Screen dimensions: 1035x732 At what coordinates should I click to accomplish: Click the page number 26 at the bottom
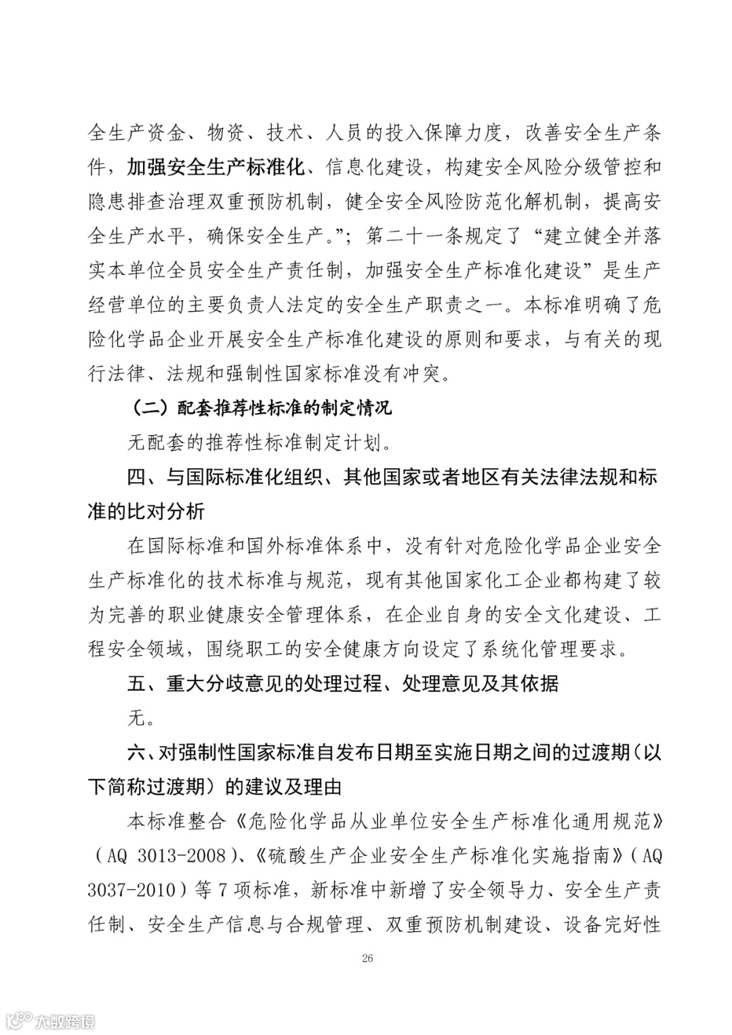tap(367, 958)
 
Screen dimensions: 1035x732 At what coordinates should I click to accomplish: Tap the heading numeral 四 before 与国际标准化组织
tap(137, 477)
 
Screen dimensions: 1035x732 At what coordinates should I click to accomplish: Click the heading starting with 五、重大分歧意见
tap(343, 683)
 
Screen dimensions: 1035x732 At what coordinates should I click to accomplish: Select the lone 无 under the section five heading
tap(137, 717)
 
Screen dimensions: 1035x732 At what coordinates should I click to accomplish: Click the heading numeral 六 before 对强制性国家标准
tap(137, 752)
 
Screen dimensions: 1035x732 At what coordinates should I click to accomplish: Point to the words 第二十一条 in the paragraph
tap(414, 236)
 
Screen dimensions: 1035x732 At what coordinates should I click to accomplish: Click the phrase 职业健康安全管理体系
tap(265, 615)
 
